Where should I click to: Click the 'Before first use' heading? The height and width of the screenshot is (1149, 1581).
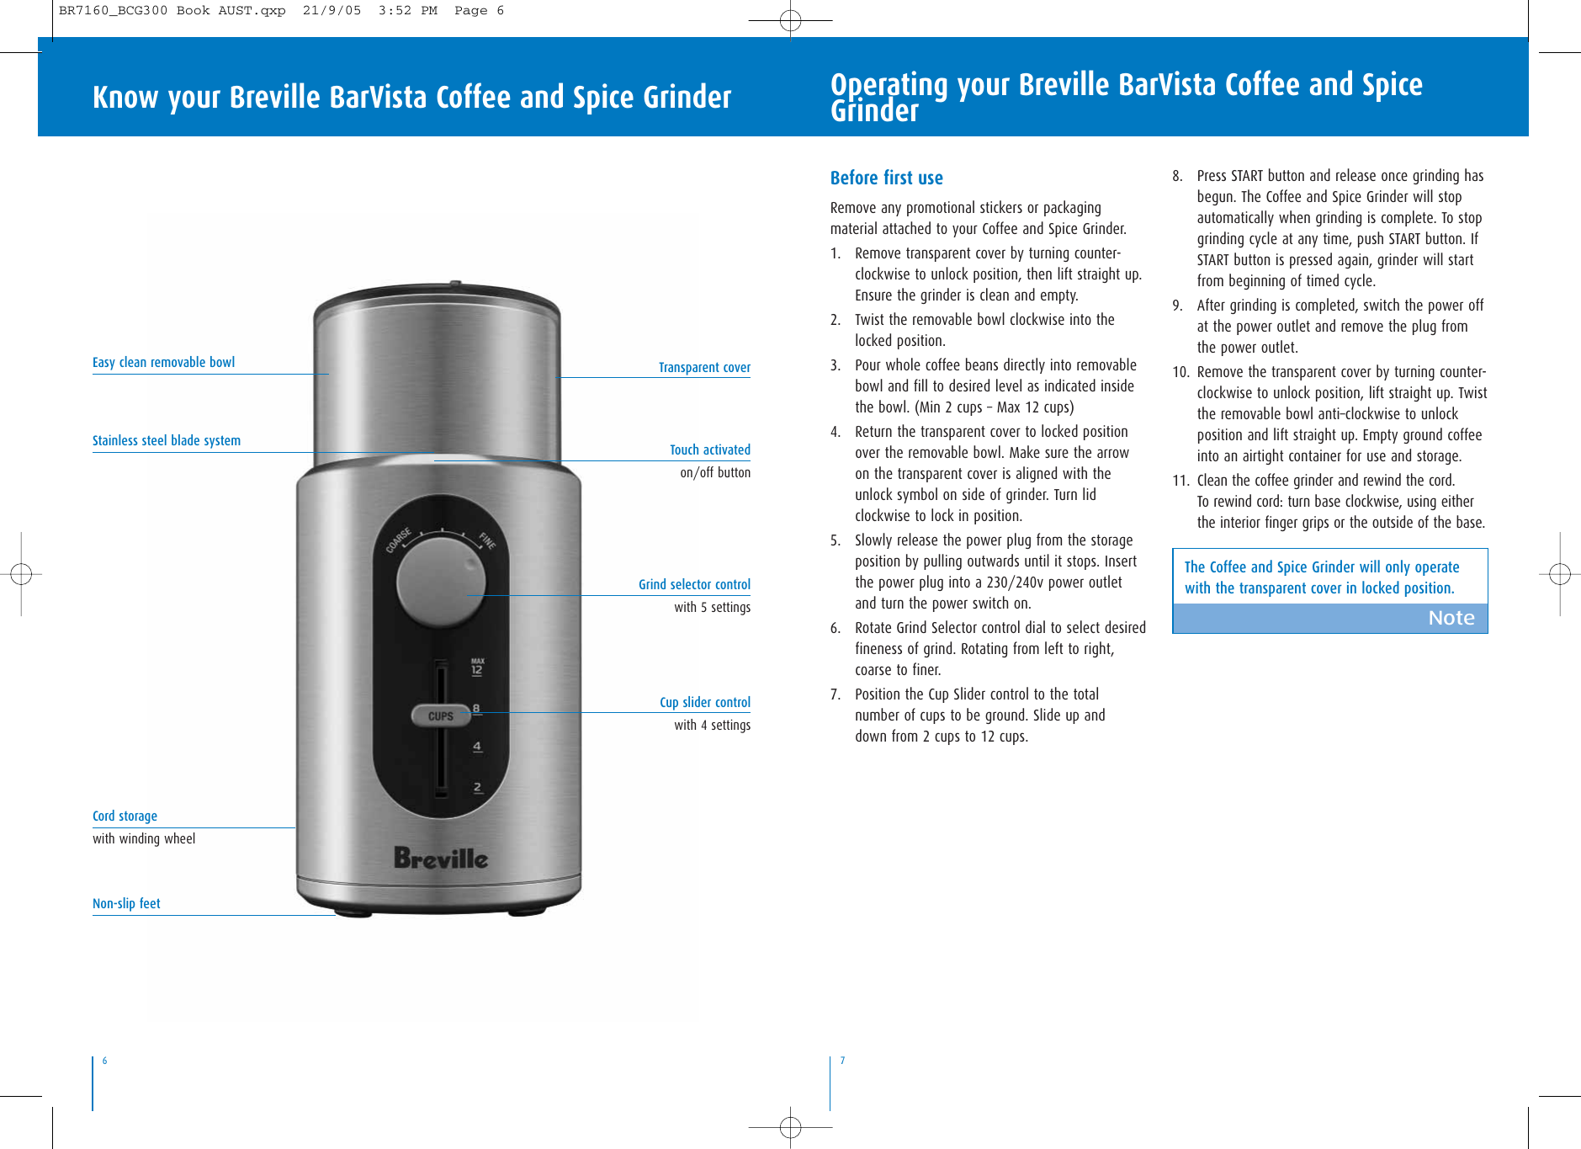pyautogui.click(x=886, y=178)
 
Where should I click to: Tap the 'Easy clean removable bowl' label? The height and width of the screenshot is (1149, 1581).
pyautogui.click(x=163, y=362)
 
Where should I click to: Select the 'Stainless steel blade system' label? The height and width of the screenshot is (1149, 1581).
pyautogui.click(x=166, y=440)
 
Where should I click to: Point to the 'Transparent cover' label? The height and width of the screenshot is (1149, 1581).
pyautogui.click(x=704, y=367)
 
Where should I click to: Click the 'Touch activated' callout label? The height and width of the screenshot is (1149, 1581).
pyautogui.click(x=709, y=449)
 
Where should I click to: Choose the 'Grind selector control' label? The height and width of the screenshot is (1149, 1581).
pyautogui.click(x=694, y=584)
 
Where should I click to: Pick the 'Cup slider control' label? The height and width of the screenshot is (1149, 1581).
pyautogui.click(x=704, y=702)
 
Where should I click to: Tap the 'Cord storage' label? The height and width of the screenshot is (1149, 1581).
pyautogui.click(x=125, y=816)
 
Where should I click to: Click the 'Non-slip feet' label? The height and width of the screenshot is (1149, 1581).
pyautogui.click(x=126, y=903)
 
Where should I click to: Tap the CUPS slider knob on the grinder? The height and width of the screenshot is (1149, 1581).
pyautogui.click(x=440, y=715)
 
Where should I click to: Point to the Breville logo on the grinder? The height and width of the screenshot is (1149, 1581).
pyautogui.click(x=441, y=858)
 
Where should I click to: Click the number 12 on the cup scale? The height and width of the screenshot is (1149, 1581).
pyautogui.click(x=477, y=670)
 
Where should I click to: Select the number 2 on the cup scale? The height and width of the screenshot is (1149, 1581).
pyautogui.click(x=478, y=787)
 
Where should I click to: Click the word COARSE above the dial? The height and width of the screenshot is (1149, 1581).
pyautogui.click(x=399, y=540)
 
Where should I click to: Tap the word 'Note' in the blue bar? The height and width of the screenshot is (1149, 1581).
pyautogui.click(x=1451, y=618)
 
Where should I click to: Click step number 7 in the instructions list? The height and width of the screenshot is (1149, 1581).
pyautogui.click(x=835, y=694)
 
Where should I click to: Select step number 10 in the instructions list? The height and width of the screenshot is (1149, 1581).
pyautogui.click(x=1180, y=372)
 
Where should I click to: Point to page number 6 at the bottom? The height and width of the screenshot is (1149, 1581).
pyautogui.click(x=105, y=1061)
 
